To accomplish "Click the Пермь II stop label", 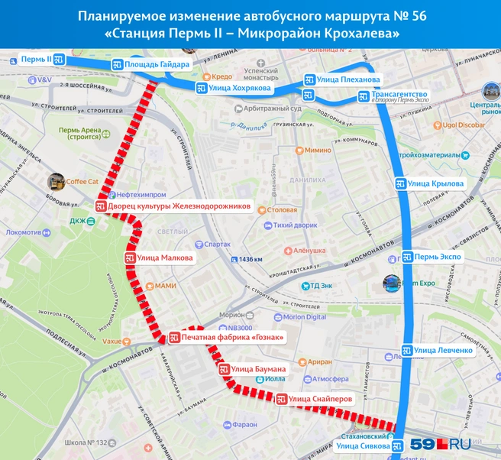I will [x=37, y=59].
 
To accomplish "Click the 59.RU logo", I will [x=441, y=442].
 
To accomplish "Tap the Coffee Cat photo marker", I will [x=56, y=182].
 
